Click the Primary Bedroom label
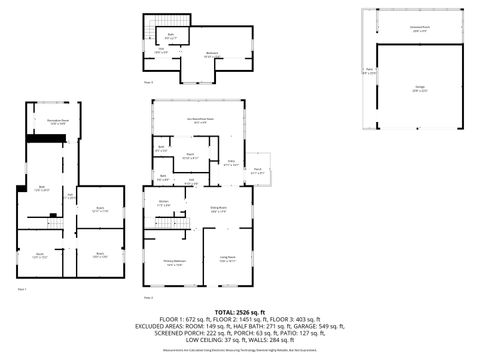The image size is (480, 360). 174,263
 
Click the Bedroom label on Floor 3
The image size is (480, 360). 211,54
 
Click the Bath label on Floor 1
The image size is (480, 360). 42,188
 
